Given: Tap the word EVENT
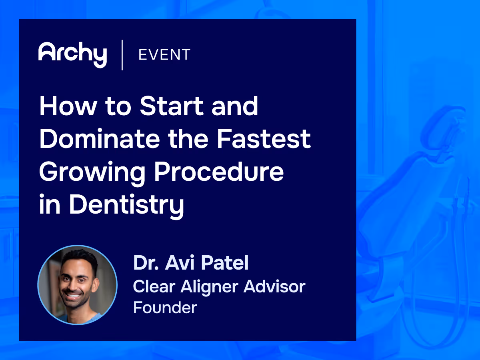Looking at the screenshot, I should click(164, 55).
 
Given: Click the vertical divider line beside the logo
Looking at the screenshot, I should click(122, 55).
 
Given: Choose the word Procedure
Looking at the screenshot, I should click(219, 172).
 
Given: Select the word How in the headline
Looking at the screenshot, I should click(64, 106).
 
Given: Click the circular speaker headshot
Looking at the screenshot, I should click(77, 285).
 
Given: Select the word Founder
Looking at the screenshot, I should click(165, 307).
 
